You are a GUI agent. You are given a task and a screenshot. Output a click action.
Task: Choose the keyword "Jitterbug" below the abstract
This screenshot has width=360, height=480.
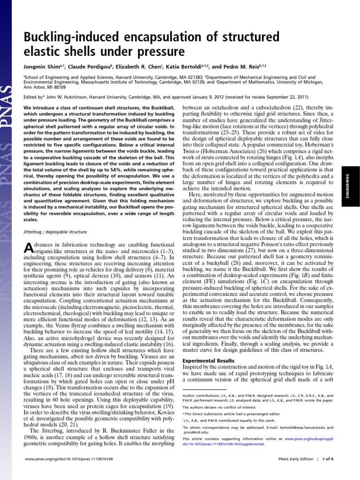click(x=33, y=232)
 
